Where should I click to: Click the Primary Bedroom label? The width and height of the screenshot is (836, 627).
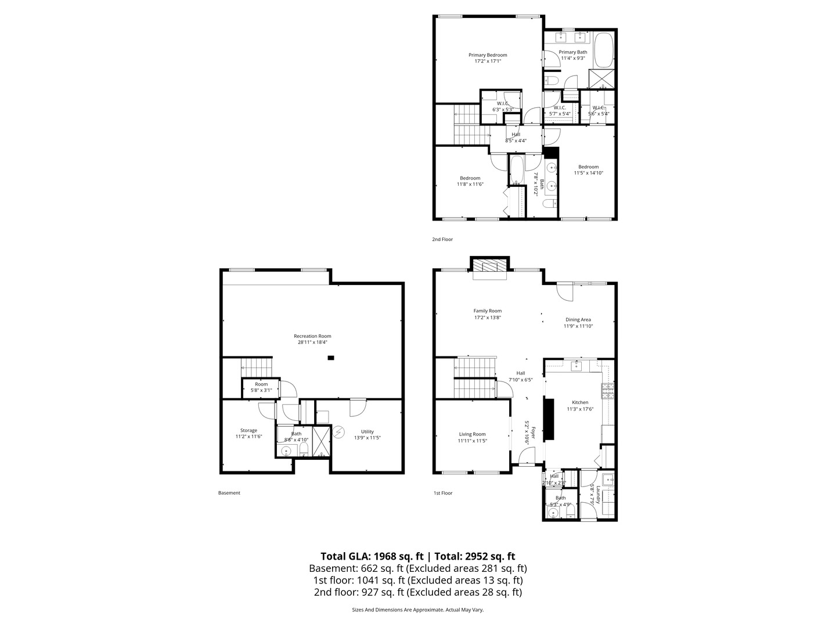(x=488, y=55)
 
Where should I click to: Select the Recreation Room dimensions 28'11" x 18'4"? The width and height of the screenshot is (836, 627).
(x=312, y=343)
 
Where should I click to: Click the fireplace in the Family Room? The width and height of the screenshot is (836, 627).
(x=489, y=266)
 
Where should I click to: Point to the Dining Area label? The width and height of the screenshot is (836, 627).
(x=578, y=319)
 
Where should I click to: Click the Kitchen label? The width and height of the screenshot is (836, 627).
(x=580, y=402)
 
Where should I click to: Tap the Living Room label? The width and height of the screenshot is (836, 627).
(x=472, y=434)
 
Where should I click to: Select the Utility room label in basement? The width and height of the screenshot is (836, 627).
(x=367, y=431)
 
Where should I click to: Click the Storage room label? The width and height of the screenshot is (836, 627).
(x=248, y=430)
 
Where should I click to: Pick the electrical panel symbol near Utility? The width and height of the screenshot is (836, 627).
(x=338, y=433)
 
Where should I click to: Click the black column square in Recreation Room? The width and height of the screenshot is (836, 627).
(x=331, y=358)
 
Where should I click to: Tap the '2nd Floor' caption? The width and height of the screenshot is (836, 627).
(x=442, y=239)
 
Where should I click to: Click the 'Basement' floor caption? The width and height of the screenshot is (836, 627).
(x=229, y=493)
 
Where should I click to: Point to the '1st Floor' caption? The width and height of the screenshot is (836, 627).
(x=442, y=493)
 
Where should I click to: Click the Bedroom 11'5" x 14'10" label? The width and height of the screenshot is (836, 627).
(x=588, y=167)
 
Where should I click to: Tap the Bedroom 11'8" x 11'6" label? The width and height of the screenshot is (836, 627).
(x=470, y=178)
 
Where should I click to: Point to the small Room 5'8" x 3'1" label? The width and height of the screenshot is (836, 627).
(x=261, y=384)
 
